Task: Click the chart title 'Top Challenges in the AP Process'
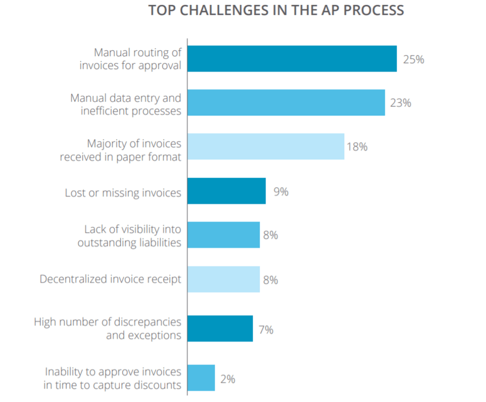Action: pos(276,11)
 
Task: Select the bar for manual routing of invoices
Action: pos(292,59)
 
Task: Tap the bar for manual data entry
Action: pos(286,102)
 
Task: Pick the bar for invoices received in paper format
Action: pos(266,146)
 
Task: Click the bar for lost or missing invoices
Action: pos(226,191)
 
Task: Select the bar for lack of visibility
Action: pos(224,235)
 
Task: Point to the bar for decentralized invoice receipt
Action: pos(224,280)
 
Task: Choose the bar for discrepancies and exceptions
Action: pos(220,328)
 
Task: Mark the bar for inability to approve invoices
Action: pos(201,378)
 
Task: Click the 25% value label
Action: pos(413,59)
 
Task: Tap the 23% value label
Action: pos(400,102)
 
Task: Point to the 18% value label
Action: pos(357,146)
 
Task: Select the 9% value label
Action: pos(281,191)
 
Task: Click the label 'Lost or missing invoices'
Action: pos(123,193)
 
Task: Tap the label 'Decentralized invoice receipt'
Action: pos(110,280)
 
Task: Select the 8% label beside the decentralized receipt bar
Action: pos(271,280)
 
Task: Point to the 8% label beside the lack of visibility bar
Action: pos(271,235)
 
